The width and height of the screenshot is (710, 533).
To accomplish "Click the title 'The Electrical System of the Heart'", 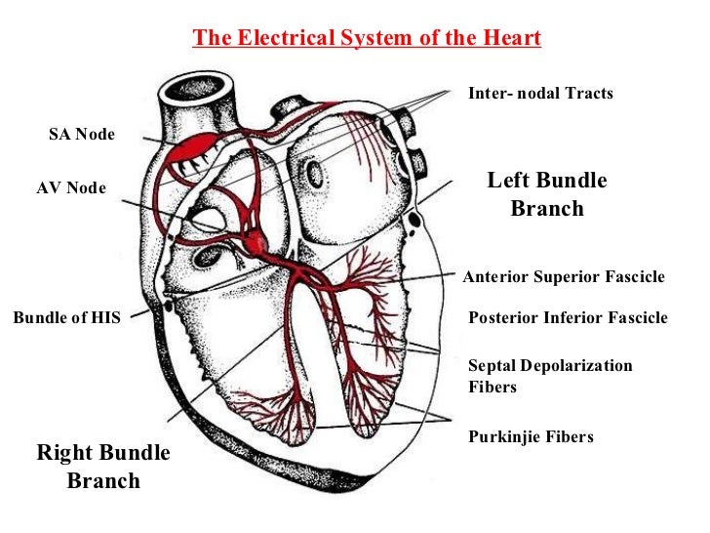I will pos(367,38).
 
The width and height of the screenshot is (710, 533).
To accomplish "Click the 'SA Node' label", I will pos(82,135).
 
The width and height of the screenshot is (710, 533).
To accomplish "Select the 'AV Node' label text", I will pos(71,187).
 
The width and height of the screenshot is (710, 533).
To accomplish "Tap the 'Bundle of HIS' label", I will pos(66,317).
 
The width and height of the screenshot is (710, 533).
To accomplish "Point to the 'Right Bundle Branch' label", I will pos(103,467).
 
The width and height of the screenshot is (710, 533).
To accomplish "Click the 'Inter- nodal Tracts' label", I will pos(540,94).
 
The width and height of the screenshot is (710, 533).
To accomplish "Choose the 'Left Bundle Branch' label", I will pos(546,194).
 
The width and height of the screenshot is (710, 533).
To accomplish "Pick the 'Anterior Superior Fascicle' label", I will pos(563,277).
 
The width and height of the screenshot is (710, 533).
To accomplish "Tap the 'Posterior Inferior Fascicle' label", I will pos(568,317).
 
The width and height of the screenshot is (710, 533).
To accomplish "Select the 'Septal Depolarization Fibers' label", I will pos(550,376).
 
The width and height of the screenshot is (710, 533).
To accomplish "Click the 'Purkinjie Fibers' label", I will pos(531,436).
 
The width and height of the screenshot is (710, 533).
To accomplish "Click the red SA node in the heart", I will pos(199,148).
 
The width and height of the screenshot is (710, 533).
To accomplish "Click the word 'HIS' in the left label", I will pos(103,317).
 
